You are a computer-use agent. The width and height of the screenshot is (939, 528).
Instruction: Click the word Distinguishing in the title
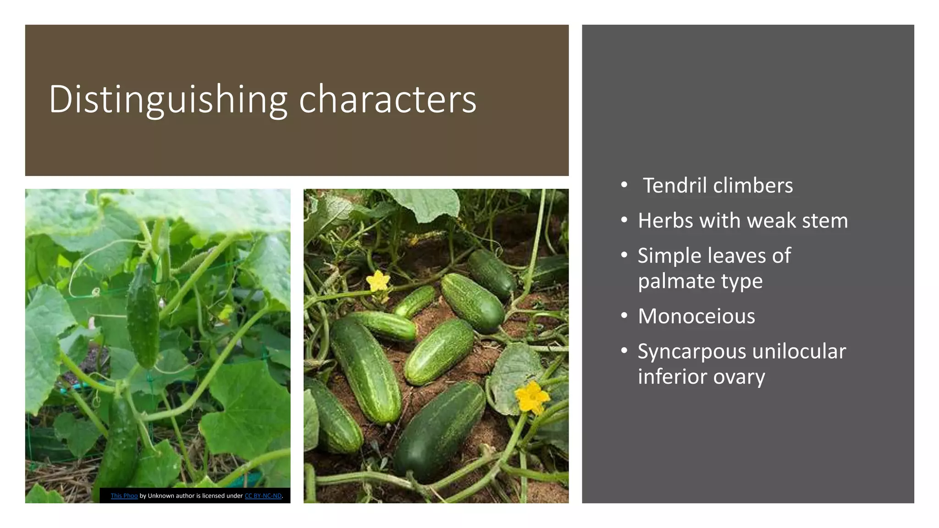168,99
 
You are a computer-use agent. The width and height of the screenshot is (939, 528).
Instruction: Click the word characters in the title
387,99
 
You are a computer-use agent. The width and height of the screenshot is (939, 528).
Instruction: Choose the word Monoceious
696,316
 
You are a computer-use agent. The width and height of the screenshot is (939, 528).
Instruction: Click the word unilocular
799,352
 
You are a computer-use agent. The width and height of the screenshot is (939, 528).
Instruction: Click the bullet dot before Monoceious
624,316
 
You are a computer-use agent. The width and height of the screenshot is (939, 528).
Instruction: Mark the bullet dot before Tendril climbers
624,185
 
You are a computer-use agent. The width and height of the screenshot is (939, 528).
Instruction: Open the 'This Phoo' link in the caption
124,496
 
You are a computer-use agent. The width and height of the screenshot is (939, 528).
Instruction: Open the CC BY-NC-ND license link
263,496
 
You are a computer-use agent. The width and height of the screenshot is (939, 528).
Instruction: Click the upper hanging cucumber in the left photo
143,316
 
